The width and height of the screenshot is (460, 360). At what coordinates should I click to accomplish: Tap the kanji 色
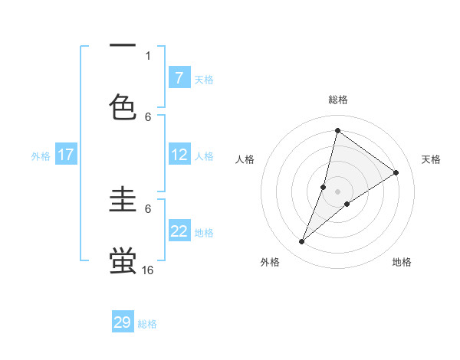pos(123,107)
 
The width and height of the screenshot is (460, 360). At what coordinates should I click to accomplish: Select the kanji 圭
pos(123,201)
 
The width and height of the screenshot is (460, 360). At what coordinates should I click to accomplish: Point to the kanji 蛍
pos(123,260)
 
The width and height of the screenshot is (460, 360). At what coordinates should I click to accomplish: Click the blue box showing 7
pos(179,77)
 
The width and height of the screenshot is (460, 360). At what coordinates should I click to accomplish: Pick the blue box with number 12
pos(179,155)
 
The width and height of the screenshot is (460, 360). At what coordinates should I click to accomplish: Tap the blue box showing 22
pos(179,231)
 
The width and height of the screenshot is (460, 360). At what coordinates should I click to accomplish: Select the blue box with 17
pos(66,155)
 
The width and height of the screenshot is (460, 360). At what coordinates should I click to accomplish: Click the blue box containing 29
pos(123,322)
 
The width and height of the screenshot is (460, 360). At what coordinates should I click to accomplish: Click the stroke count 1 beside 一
pos(148,55)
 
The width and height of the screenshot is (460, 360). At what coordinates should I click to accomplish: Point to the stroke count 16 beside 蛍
pos(148,270)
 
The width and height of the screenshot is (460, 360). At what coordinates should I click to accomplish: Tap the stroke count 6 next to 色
pos(148,116)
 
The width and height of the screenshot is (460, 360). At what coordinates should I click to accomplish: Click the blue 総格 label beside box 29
pos(148,324)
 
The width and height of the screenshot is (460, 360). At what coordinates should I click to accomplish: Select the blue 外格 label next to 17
pos(41,156)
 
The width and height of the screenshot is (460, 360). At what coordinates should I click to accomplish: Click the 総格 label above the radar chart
pos(338,100)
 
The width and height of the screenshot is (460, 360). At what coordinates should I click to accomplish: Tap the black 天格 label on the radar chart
pos(431,159)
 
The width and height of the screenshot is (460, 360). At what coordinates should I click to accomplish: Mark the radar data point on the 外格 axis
pos(302,242)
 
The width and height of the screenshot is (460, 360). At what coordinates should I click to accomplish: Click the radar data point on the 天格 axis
pos(396,172)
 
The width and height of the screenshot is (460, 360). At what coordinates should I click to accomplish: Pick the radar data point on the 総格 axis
pos(337,131)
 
